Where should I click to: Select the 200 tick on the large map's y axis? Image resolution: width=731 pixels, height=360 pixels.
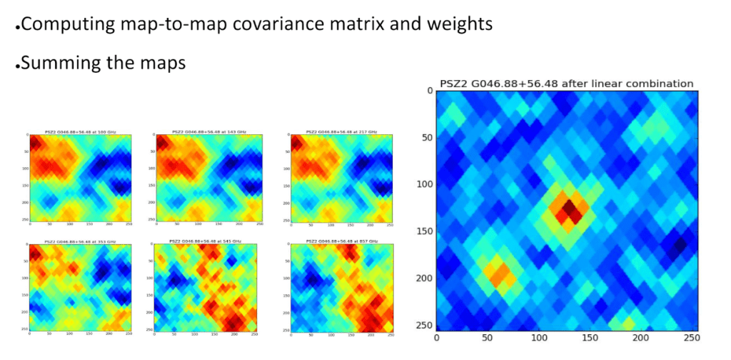pyautogui.click(x=424, y=278)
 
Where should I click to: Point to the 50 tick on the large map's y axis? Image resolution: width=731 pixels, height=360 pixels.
pyautogui.click(x=426, y=137)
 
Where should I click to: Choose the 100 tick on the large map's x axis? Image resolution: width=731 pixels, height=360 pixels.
pyautogui.click(x=539, y=337)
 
